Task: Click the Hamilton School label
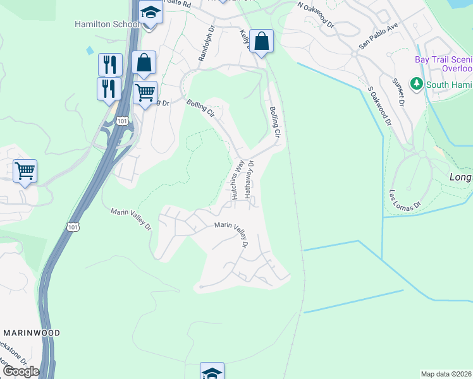point(107,24)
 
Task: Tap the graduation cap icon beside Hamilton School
point(150,13)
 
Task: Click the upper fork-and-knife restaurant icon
point(110,64)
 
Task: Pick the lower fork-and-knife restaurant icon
point(109,88)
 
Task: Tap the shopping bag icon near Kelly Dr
point(261,42)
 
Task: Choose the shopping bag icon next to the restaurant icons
point(144,63)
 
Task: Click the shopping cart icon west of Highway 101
point(25,171)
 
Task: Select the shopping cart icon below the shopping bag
point(145,93)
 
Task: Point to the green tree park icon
point(416,83)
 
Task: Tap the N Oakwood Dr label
point(316,14)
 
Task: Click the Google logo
point(21,371)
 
